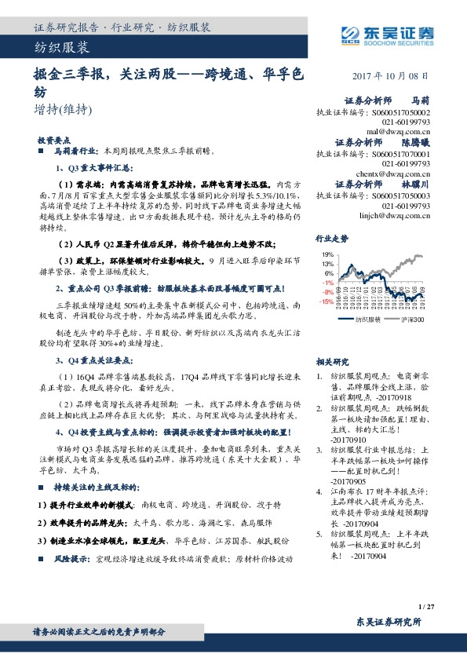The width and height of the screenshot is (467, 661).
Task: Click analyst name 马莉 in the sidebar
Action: pos(421,101)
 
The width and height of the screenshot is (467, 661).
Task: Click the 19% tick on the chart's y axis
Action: pos(327,256)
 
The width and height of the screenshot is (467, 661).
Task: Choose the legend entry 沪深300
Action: pos(413,320)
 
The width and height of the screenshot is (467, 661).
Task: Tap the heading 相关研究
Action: pos(331,340)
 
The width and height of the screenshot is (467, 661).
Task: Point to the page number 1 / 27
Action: pos(427,607)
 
